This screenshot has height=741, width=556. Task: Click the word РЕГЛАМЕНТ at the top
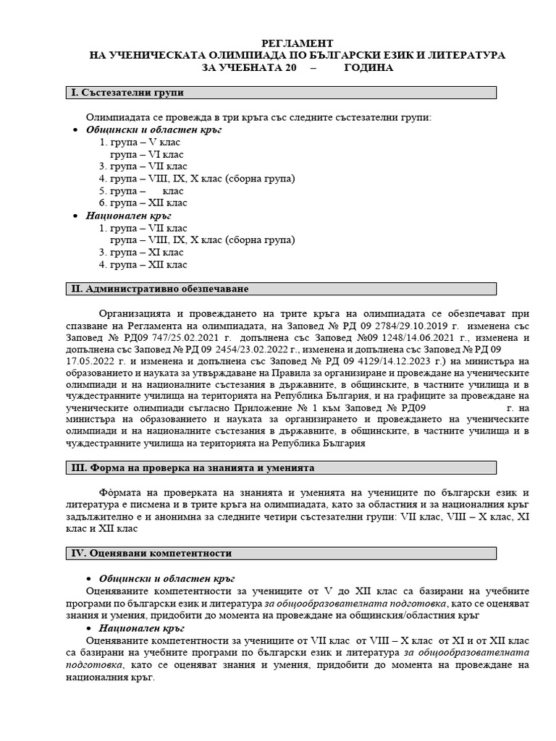(x=297, y=43)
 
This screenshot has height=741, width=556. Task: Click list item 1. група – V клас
(x=140, y=142)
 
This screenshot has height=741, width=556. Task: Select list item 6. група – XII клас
(x=143, y=203)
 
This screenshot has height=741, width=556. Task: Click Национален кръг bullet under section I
(x=128, y=216)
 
